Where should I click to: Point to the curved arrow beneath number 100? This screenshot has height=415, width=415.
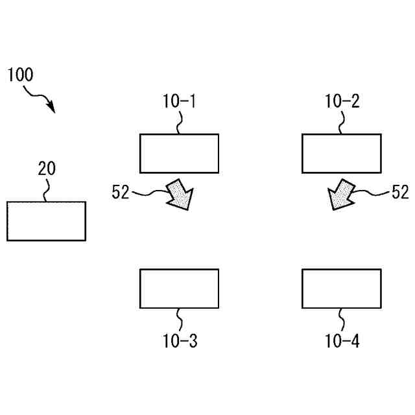[x=40, y=99]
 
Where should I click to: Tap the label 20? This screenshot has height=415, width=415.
[x=46, y=169]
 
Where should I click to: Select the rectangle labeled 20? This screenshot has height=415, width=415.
[x=46, y=220]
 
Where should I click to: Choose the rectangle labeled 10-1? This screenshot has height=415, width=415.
[x=179, y=153]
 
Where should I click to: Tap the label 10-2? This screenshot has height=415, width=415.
[x=342, y=101]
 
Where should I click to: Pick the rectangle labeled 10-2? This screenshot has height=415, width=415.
[x=342, y=153]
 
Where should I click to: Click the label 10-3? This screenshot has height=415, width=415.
[x=180, y=341]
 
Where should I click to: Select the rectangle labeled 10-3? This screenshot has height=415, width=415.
[x=179, y=289]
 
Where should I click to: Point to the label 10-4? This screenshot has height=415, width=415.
[x=342, y=341]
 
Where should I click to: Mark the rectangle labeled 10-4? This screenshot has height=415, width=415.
[x=342, y=289]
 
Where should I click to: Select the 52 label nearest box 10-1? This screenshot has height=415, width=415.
[x=121, y=192]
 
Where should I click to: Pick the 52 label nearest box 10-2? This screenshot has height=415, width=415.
[x=400, y=192]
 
